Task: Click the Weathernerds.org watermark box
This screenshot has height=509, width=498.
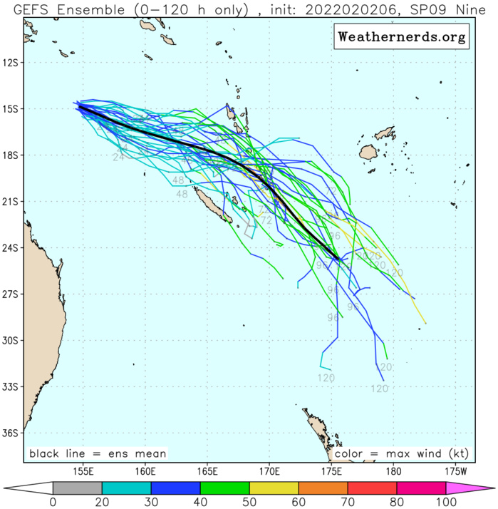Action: click(x=402, y=36)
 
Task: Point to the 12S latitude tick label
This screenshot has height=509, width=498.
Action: click(x=11, y=63)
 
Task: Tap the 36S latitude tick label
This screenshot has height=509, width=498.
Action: click(x=11, y=433)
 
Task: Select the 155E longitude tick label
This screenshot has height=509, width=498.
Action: click(x=84, y=471)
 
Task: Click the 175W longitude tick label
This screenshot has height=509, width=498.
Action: click(x=455, y=471)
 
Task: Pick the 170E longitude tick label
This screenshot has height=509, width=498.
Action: click(x=269, y=471)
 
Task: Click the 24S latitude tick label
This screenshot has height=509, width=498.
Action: click(x=11, y=248)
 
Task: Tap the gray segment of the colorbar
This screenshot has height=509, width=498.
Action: click(x=77, y=488)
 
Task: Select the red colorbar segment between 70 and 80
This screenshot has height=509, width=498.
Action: click(x=373, y=488)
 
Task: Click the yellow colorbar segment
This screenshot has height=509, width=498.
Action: click(x=274, y=488)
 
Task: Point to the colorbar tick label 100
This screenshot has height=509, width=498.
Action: click(x=446, y=502)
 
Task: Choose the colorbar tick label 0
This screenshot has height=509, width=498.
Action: click(x=53, y=502)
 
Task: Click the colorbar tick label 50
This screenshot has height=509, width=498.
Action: click(x=249, y=502)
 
